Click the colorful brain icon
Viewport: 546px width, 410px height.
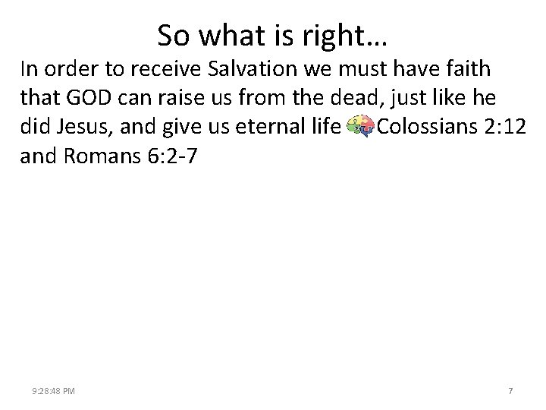tap(358, 128)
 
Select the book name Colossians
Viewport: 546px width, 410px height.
tap(428, 127)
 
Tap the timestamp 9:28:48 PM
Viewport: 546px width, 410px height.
tap(53, 391)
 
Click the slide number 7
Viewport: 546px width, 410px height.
tap(510, 391)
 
